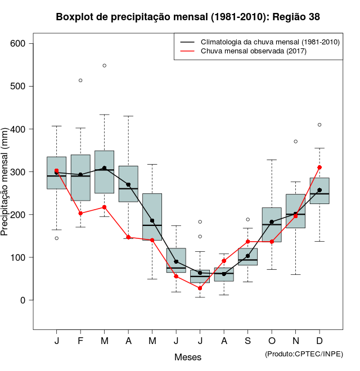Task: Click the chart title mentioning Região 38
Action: click(x=188, y=17)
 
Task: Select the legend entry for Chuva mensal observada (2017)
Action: click(x=253, y=52)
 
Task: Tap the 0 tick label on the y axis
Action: click(x=22, y=300)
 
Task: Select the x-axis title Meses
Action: click(x=188, y=357)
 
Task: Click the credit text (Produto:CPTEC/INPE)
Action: click(x=304, y=354)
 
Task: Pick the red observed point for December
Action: click(x=319, y=168)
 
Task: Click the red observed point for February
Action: click(x=80, y=214)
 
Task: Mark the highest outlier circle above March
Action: click(x=105, y=66)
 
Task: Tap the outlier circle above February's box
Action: click(x=80, y=80)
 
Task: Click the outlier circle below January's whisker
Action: click(x=56, y=238)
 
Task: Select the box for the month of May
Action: click(x=152, y=216)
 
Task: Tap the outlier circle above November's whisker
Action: click(x=295, y=142)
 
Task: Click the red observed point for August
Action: click(x=224, y=261)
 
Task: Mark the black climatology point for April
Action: click(x=128, y=184)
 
